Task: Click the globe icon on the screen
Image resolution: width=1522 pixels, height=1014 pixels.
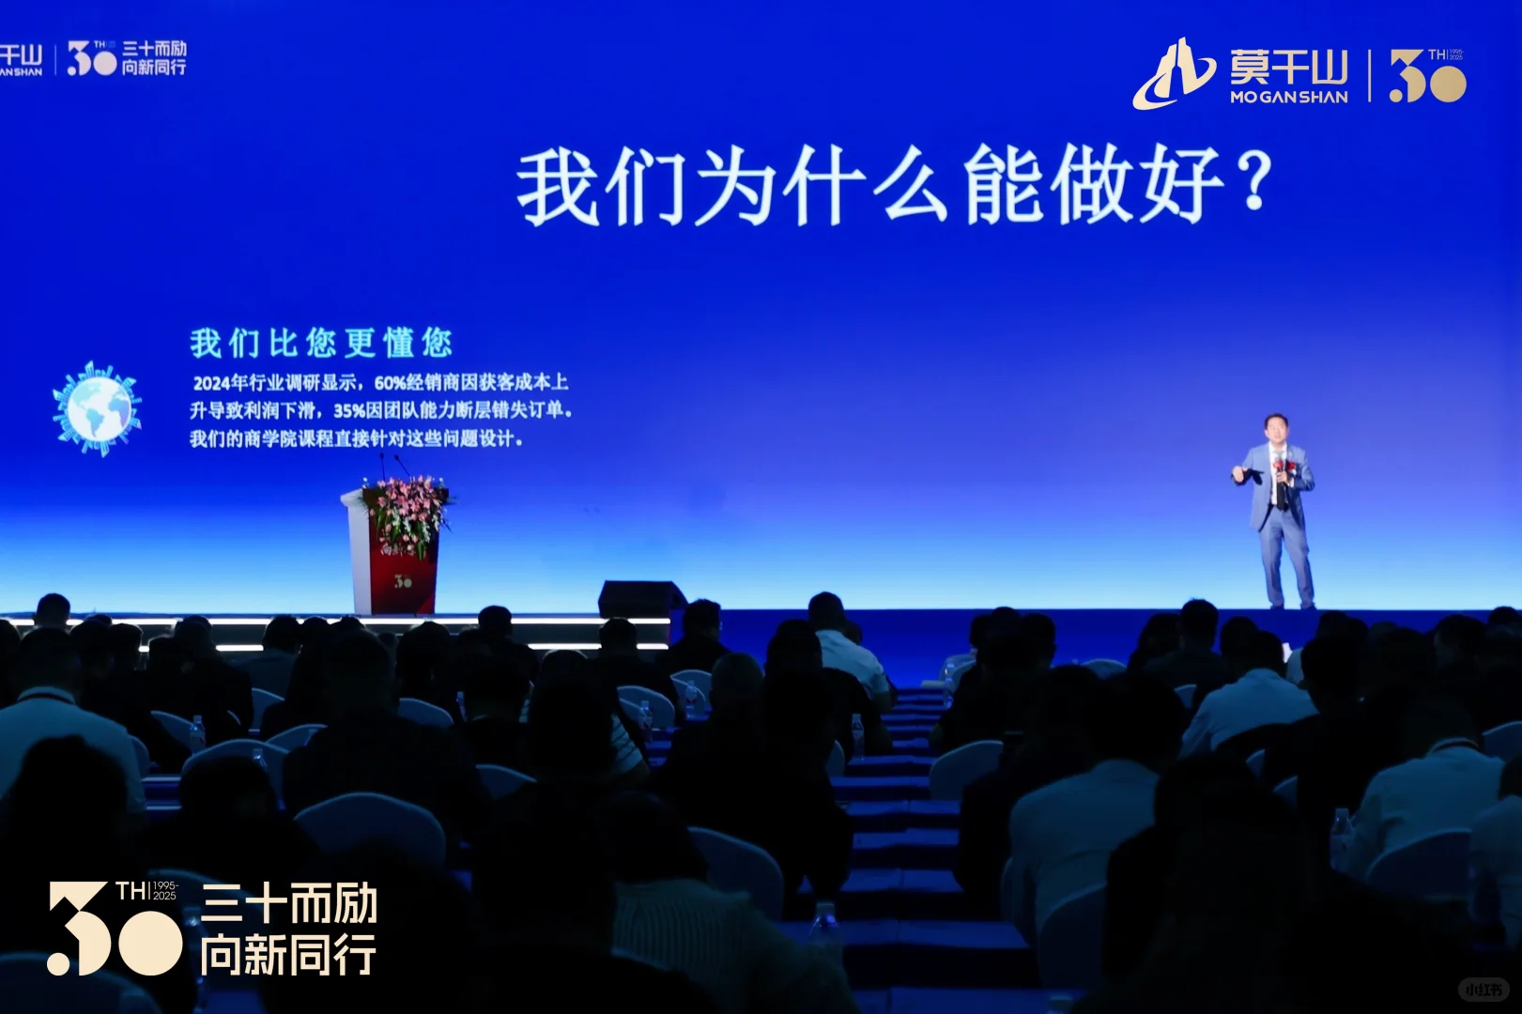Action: tap(96, 409)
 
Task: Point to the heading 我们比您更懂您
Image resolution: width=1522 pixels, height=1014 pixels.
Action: tap(321, 344)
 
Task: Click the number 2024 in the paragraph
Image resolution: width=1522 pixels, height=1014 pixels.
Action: tap(211, 383)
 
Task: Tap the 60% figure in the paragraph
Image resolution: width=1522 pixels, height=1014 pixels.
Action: tap(389, 383)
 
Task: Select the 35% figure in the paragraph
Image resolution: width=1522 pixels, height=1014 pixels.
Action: tap(348, 411)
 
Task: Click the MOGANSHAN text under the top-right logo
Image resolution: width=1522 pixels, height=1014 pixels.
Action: tap(1288, 97)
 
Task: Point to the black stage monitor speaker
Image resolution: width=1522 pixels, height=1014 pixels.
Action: tap(641, 599)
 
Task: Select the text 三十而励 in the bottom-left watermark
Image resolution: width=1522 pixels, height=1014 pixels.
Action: tap(289, 904)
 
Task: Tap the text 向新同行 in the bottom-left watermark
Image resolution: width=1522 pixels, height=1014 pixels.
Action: tap(287, 956)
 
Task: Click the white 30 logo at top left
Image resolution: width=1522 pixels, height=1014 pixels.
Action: tap(91, 58)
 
